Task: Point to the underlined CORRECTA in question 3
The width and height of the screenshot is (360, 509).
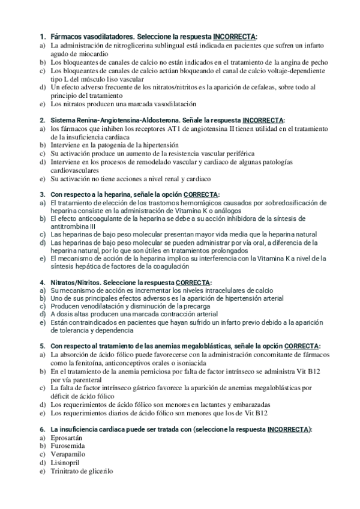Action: click(201, 194)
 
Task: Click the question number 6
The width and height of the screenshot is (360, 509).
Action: click(42, 429)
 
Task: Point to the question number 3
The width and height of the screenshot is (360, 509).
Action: click(42, 194)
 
